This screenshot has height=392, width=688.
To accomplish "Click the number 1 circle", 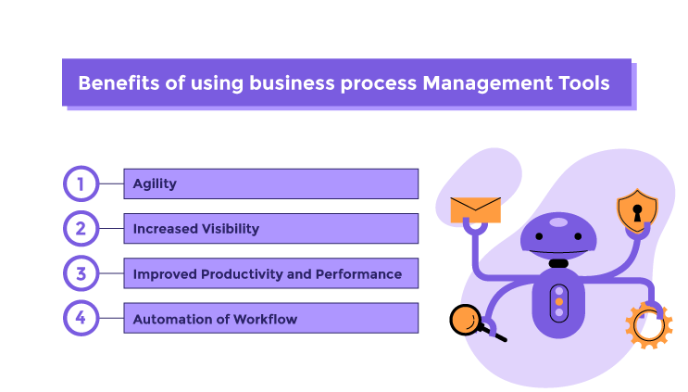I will coord(80,183).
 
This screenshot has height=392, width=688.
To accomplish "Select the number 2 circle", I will coord(80,228).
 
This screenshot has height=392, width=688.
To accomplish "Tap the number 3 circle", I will coord(80,273).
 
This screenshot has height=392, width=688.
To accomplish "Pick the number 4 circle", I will coord(80,319).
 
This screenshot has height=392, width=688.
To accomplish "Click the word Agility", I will coord(155,183).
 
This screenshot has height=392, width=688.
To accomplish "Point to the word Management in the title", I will coord(480,82).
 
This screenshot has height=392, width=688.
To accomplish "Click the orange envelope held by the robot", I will coord(475,209).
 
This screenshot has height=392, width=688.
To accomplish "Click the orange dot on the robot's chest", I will coord(558,302).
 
